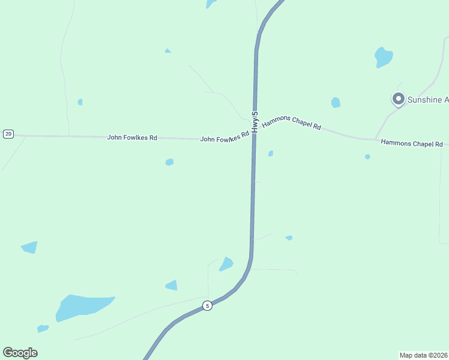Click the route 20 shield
click(x=8, y=134)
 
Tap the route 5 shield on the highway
click(x=207, y=305)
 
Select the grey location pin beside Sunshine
click(x=397, y=99)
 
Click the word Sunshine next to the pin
click(x=426, y=100)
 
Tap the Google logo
click(x=20, y=353)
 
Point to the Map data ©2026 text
click(x=423, y=355)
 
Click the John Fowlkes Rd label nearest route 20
click(x=132, y=137)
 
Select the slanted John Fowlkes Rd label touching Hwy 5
click(x=224, y=138)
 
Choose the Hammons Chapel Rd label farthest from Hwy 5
click(x=412, y=143)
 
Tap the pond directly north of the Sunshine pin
click(x=384, y=57)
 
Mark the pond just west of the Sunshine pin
click(x=336, y=103)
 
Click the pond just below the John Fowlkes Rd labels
click(x=169, y=162)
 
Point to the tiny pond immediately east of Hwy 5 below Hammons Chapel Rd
click(x=271, y=154)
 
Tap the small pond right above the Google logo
click(x=43, y=328)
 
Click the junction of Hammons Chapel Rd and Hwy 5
click(x=255, y=133)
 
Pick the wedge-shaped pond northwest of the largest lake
click(x=29, y=247)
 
